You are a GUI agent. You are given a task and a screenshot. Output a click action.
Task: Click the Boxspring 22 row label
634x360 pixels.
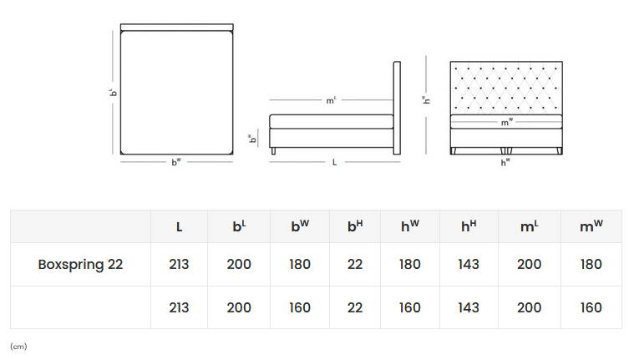click(x=80, y=265)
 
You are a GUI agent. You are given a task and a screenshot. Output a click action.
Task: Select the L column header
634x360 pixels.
click(x=179, y=226)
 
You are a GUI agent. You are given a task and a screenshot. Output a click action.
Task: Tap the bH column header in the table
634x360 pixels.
click(x=355, y=226)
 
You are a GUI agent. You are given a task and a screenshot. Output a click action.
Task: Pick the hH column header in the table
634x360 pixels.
click(x=469, y=226)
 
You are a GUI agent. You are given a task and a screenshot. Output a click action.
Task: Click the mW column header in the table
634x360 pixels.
click(x=591, y=226)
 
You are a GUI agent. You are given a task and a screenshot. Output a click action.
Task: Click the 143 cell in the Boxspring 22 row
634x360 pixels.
click(x=469, y=265)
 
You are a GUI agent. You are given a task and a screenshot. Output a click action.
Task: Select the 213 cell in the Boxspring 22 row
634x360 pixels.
click(x=179, y=265)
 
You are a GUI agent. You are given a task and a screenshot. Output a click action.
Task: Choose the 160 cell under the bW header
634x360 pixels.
click(x=300, y=307)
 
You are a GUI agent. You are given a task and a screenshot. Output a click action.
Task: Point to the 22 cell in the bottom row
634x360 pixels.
click(x=355, y=307)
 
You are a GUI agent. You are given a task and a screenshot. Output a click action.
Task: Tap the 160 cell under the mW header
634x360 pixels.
click(x=591, y=307)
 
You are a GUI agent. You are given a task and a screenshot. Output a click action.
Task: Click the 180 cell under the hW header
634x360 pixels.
click(x=410, y=265)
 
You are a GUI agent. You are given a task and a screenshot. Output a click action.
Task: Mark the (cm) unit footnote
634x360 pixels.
click(x=18, y=346)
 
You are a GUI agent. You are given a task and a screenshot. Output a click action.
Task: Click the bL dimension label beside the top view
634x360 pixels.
click(x=111, y=92)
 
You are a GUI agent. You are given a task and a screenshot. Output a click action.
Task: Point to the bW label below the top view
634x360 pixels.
click(x=175, y=162)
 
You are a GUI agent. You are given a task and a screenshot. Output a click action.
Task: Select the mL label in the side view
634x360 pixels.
click(x=331, y=100)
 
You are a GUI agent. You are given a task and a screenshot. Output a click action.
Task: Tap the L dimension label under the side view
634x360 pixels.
click(x=334, y=162)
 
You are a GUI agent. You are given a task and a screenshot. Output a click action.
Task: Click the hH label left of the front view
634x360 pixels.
click(x=426, y=100)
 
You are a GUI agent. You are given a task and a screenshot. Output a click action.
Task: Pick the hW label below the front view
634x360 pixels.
click(x=505, y=162)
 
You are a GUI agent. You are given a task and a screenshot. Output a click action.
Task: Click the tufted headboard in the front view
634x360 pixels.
click(x=505, y=87)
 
